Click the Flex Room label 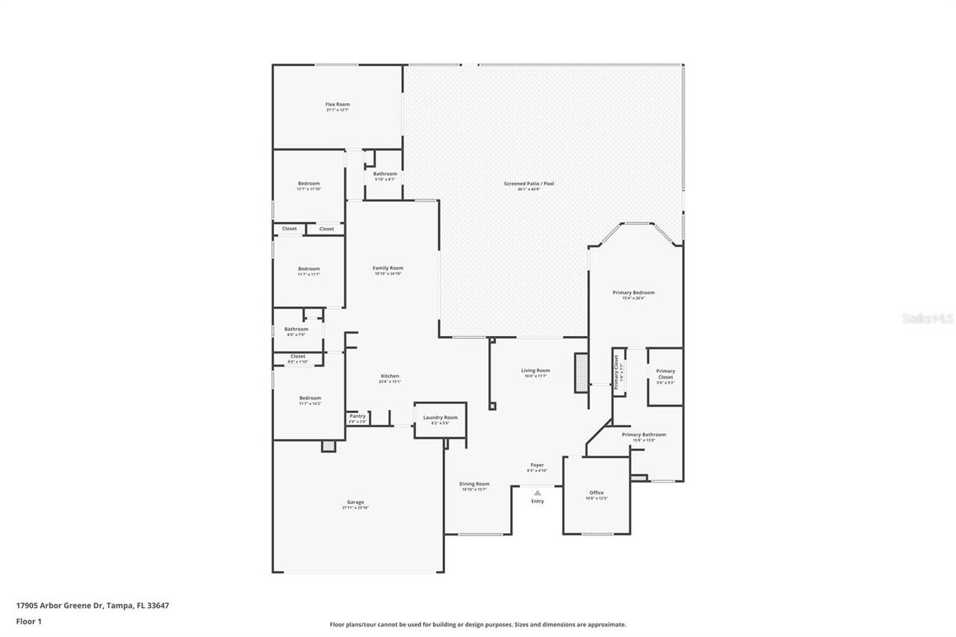coord(338,105)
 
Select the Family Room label coord(388,268)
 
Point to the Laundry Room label coord(440,417)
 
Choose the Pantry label coord(357,416)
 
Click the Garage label coord(356,502)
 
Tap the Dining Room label coord(474,484)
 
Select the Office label coord(596,493)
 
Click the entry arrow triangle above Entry coord(537,492)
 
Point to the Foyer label coord(537,464)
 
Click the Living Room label coord(536,370)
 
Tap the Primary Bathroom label coord(644,435)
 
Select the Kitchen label coord(390,376)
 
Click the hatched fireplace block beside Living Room coord(580,373)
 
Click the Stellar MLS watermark coord(928,318)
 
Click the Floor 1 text coord(28,621)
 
